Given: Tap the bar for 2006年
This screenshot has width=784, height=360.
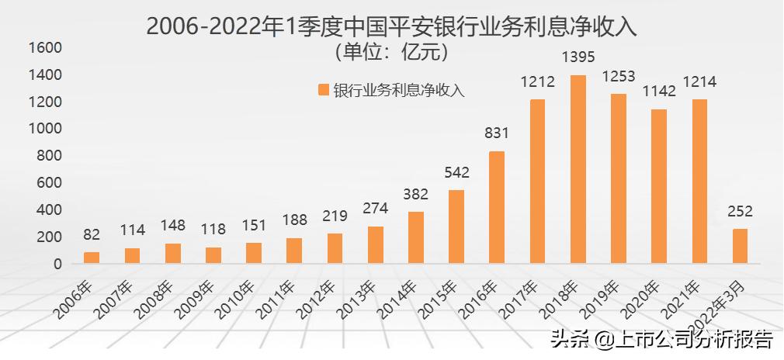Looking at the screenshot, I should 92,258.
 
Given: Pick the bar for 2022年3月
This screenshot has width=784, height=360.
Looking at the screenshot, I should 740,246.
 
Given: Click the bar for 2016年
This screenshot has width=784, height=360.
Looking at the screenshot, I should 497,207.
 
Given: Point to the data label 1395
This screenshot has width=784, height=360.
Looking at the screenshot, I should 578,59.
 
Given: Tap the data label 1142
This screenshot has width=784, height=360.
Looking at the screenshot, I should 659,92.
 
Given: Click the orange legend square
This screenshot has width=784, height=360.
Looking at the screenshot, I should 323,90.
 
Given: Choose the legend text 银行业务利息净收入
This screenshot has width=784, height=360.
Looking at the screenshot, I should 399,90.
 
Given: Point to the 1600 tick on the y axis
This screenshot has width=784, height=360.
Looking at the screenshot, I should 44,48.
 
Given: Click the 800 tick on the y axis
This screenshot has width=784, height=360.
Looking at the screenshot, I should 48,156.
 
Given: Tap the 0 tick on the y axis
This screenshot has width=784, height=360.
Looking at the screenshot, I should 57,264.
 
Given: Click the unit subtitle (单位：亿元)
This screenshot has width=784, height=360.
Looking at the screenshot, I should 392,53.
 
